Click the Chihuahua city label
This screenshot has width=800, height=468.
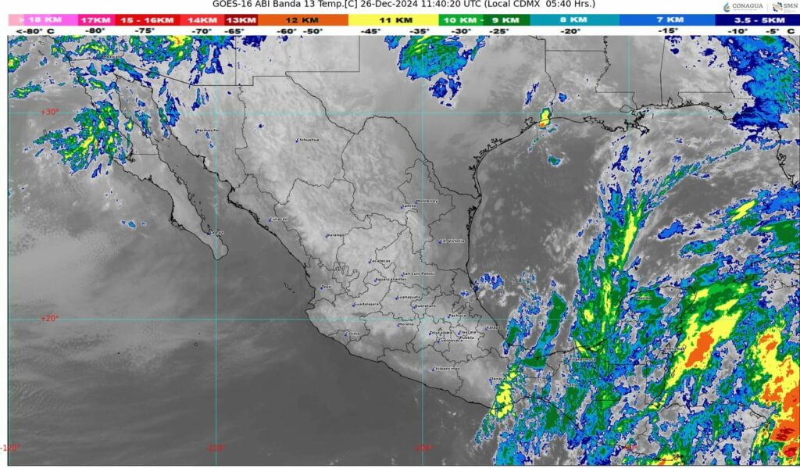pyautogui.click(x=309, y=141)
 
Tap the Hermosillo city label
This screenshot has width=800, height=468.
pyautogui.click(x=208, y=130)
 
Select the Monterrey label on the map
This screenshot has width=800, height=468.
pyautogui.click(x=427, y=201)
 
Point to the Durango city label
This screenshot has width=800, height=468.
pyautogui.click(x=335, y=234)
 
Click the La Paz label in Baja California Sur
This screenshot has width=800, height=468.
pyautogui.click(x=217, y=233)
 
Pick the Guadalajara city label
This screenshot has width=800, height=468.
pyautogui.click(x=366, y=304)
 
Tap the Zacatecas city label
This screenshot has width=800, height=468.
pyautogui.click(x=380, y=261)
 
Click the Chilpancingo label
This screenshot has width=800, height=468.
pyautogui.click(x=447, y=369)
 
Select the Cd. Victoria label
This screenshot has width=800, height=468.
pyautogui.click(x=452, y=241)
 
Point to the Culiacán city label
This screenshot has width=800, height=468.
pyautogui.click(x=279, y=220)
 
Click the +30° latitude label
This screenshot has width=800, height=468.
pyautogui.click(x=49, y=112)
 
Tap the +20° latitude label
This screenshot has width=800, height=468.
pyautogui.click(x=49, y=318)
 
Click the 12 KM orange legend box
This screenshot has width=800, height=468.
pyautogui.click(x=302, y=20)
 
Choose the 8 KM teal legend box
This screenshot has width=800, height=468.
pyautogui.click(x=574, y=20)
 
